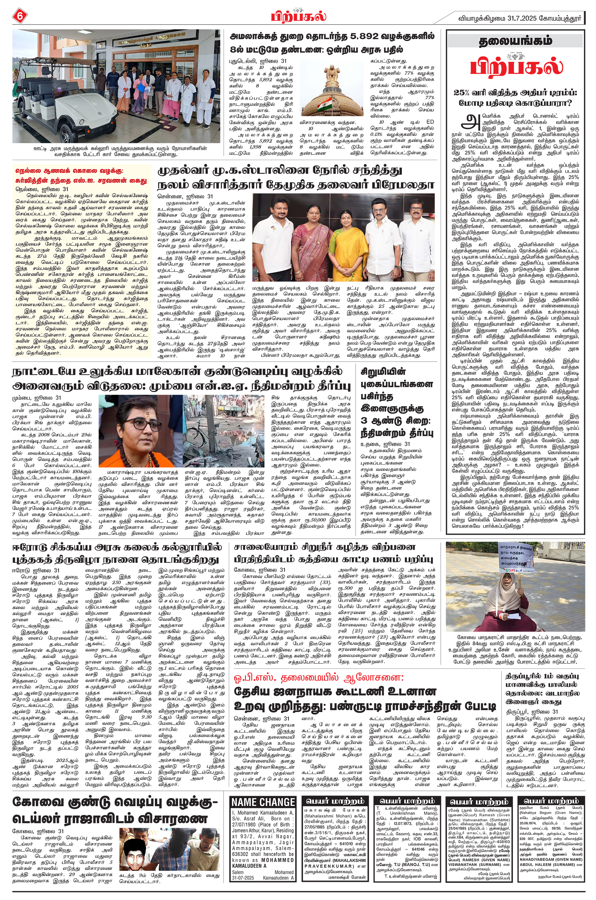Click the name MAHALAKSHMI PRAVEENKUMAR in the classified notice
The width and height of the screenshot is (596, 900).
pos(334,849)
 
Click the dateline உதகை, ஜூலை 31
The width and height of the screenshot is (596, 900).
pos(385,444)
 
